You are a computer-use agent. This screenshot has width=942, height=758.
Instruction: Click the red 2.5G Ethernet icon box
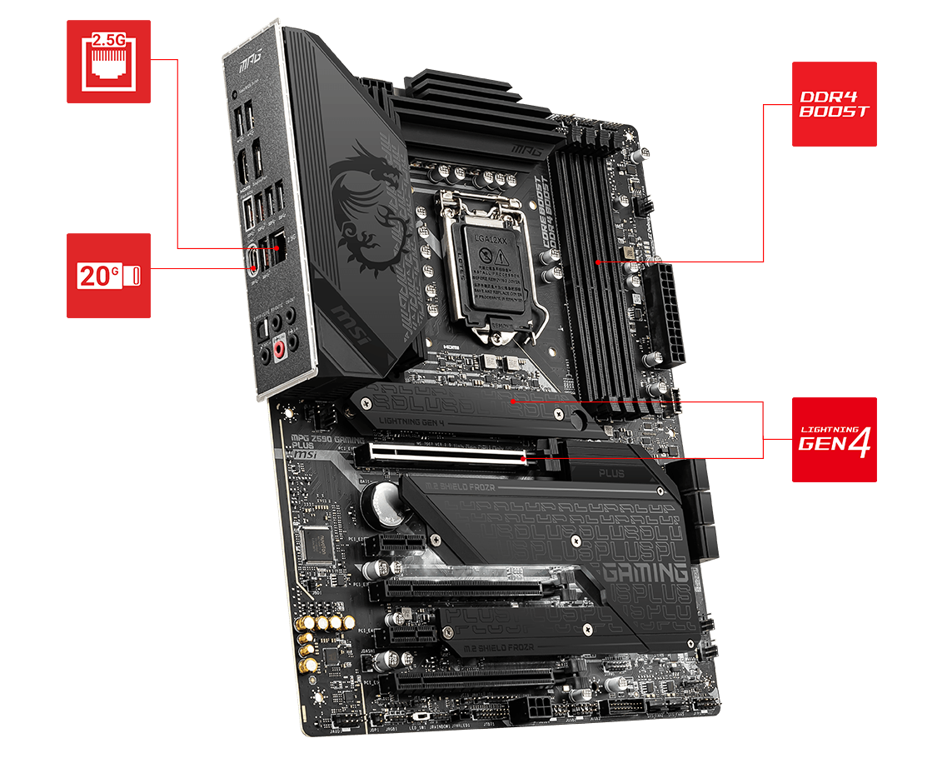[108, 62]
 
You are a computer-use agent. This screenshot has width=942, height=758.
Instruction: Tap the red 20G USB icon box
[108, 275]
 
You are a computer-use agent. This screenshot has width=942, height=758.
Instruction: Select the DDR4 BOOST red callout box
[834, 104]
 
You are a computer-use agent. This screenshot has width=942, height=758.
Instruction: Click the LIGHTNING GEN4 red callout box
[834, 439]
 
